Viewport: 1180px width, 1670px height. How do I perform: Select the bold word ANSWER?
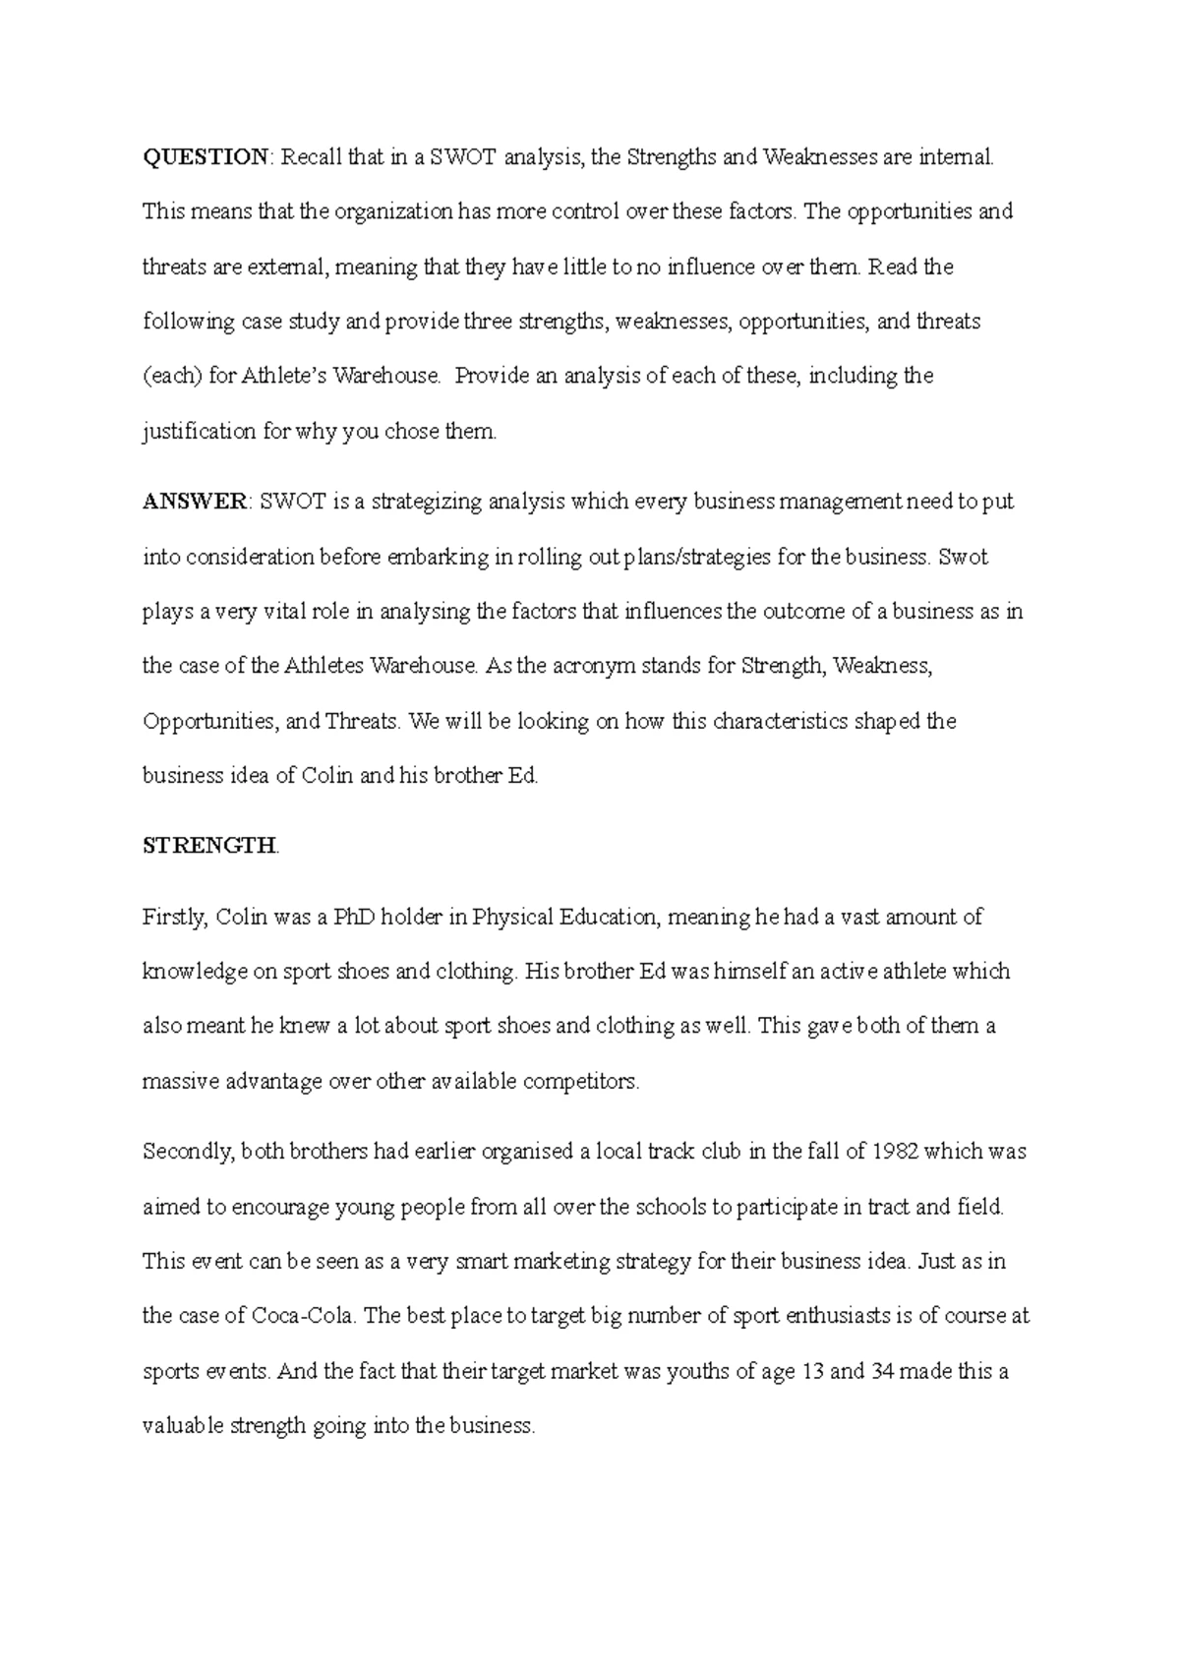pos(196,502)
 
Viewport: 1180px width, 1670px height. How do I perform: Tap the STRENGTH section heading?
pos(209,846)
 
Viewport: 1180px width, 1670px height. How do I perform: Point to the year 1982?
pos(896,1151)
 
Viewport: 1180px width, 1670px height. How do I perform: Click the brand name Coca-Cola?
pos(303,1316)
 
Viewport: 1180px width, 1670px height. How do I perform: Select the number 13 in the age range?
pos(812,1371)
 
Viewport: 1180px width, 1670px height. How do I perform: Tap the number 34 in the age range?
pos(882,1371)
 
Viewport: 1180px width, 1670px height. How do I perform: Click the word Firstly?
pos(175,917)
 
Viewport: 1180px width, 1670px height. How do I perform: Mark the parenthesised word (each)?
pos(173,376)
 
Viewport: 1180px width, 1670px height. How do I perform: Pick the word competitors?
pos(581,1082)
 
